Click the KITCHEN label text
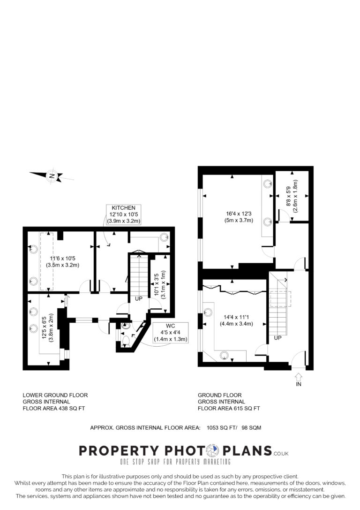tap(123, 208)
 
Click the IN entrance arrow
tap(299, 377)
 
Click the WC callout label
tap(170, 326)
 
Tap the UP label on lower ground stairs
tap(139, 298)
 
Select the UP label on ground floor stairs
tap(277, 338)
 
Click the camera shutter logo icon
tap(214, 450)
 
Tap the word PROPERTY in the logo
tap(119, 451)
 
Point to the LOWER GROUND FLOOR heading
tap(55, 395)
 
